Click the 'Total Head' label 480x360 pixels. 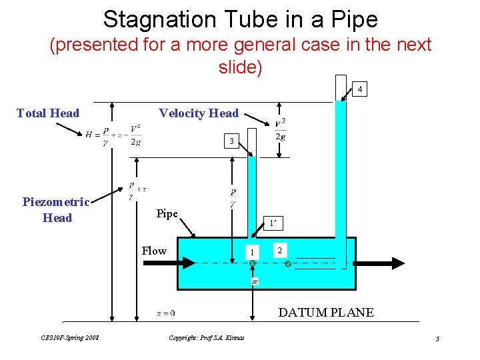coord(48,113)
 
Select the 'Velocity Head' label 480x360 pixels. coord(199,113)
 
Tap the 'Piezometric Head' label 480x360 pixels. coord(57,209)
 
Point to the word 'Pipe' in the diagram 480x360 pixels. coord(167,214)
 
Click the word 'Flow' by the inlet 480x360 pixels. coord(154,251)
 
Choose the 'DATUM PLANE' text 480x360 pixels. coord(326,312)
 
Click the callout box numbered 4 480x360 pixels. coord(359,89)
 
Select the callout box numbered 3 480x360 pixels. coord(231,141)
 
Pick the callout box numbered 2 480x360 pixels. coord(281,250)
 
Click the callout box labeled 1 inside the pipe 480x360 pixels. coord(252,252)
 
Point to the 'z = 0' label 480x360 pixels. coord(165,313)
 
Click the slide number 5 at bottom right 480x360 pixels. coord(437,339)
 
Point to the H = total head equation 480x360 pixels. coord(113,135)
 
